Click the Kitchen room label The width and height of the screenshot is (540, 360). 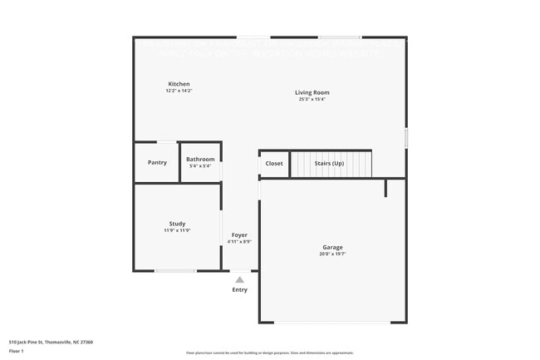179,84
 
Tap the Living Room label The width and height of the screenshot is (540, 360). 312,92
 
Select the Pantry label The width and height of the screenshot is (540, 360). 157,162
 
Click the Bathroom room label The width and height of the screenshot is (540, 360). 200,160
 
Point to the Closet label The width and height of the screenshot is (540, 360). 274,163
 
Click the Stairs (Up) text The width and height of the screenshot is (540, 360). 329,163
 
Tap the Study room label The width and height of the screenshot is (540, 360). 177,223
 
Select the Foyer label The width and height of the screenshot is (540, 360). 239,235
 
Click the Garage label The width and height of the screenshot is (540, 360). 333,247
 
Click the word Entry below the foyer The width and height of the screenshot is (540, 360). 239,289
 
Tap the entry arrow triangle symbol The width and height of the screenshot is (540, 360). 239,280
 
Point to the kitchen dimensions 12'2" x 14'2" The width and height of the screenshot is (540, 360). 179,91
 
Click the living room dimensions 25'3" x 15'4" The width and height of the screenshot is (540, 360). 312,99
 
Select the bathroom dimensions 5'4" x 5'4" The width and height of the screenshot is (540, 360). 200,166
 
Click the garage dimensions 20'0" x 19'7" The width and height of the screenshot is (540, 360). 333,254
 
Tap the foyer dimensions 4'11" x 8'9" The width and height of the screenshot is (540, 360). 239,242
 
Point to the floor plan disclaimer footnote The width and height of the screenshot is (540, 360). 269,353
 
